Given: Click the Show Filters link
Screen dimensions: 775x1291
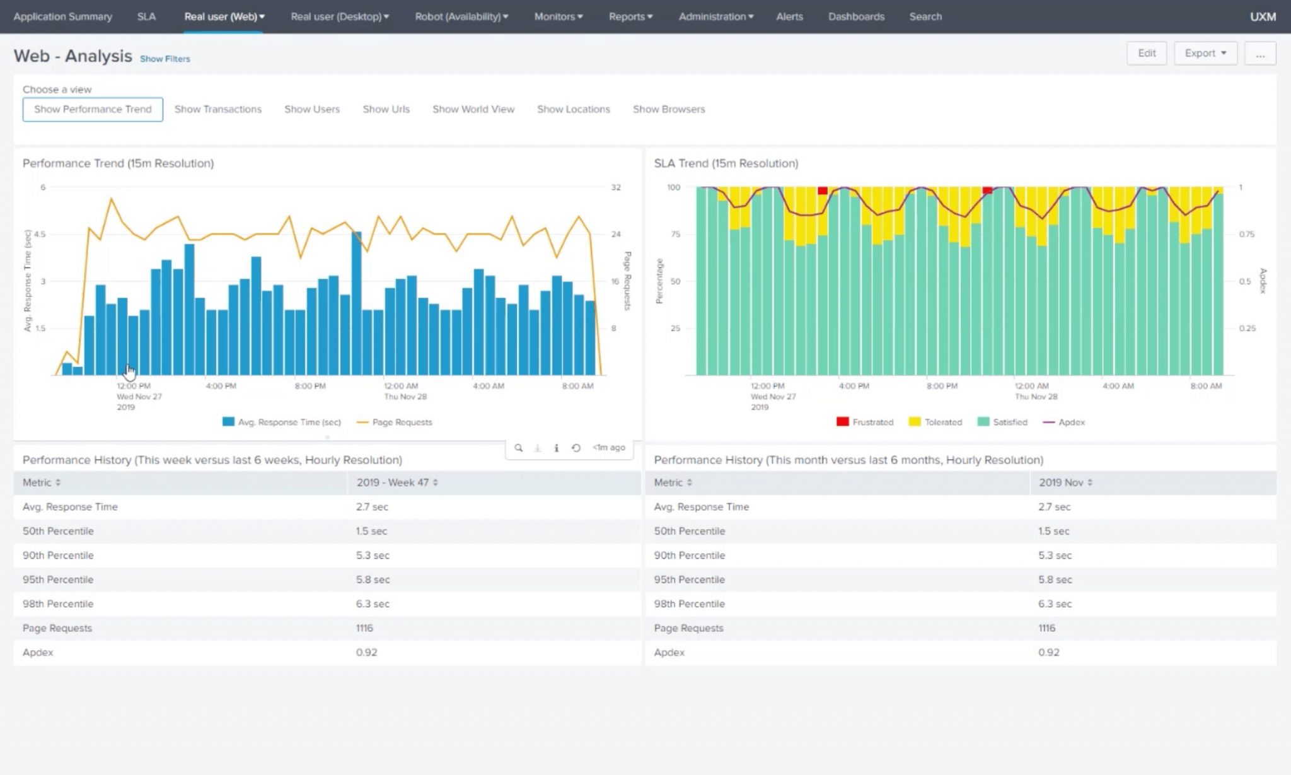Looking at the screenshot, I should pos(165,59).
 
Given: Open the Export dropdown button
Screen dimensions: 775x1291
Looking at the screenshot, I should pos(1205,53).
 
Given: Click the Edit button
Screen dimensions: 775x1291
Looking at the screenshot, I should pos(1146,53).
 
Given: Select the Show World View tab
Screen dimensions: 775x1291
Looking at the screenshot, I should pos(473,109).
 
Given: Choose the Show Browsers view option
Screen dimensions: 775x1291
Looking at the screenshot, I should pos(668,109).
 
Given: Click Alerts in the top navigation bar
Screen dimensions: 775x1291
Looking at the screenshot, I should pos(789,16).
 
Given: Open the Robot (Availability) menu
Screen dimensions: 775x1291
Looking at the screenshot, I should pos(461,16).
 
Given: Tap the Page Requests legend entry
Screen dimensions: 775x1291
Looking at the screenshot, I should pos(395,422).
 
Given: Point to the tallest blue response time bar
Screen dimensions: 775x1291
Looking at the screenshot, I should pos(357,303).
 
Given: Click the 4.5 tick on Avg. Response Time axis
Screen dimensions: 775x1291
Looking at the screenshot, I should pos(40,234).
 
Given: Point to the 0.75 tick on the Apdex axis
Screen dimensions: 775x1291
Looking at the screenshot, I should pos(1246,234).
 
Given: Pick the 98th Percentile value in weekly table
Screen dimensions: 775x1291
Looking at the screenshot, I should pos(372,603).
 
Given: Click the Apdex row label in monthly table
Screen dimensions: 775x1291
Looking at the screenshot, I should pos(669,652).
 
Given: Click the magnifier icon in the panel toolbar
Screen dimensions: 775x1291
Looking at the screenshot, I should pos(518,448).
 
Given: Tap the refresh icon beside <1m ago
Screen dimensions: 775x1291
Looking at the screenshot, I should pos(576,448).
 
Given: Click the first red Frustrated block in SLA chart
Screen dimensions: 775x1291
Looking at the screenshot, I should pos(822,190).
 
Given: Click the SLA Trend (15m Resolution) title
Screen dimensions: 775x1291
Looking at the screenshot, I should pos(726,163).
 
